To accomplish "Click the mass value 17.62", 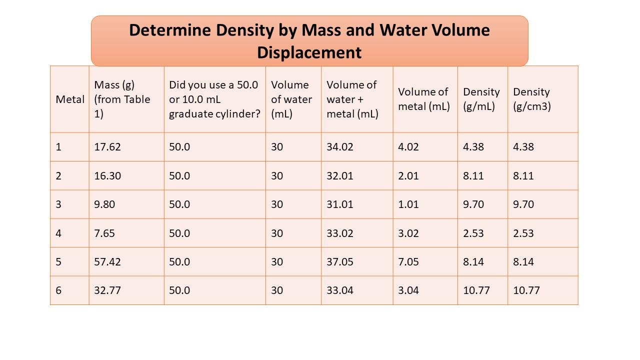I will pos(107,147).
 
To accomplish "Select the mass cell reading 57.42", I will pos(107,262).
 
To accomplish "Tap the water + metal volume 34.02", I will pos(340,147).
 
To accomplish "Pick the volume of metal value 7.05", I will pos(408,262).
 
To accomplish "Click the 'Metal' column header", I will pos(70,99).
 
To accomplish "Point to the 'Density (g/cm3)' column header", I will pos(531,99).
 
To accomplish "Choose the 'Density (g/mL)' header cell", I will pos(481,99).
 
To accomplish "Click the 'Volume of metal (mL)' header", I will pos(424,99).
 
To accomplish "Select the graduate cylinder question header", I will pos(214,99).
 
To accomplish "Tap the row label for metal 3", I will pos(58,204).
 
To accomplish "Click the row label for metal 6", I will pos(58,290).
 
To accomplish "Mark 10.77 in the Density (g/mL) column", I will pos(476,290).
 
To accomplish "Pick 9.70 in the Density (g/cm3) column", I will pos(523,204).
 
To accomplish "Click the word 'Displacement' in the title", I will pos(309,52).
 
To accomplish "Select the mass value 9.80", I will pos(104,204).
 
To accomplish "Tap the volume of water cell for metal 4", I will pos(277,233).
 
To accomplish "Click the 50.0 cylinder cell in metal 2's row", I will pos(179,176).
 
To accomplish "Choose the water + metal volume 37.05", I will pos(340,262).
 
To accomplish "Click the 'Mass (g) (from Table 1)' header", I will pos(122,99).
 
